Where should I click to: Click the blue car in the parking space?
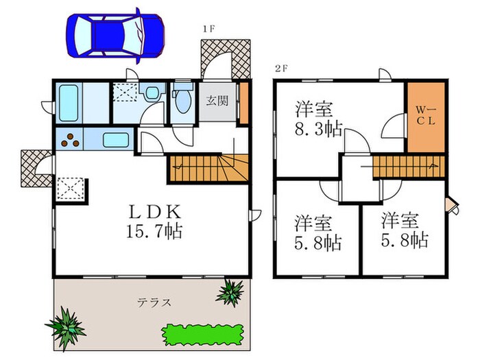115,33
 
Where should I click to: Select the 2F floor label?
280,68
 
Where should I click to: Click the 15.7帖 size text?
154,232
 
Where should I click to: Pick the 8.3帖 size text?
320,129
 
